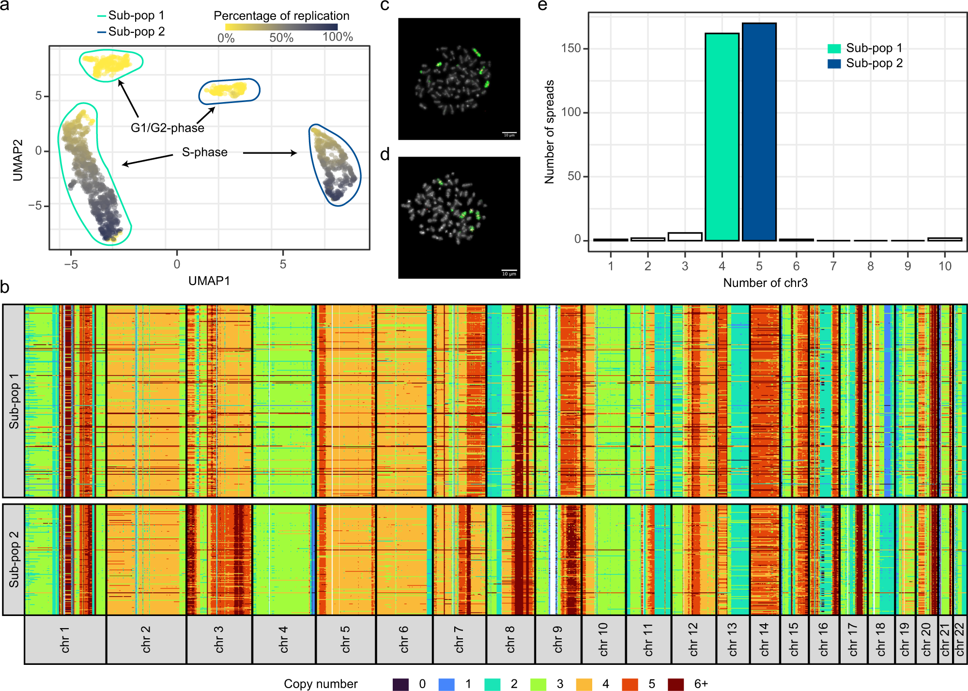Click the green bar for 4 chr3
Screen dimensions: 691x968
tap(722, 137)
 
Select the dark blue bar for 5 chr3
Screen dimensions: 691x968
tap(759, 132)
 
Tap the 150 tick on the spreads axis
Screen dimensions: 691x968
tap(571, 48)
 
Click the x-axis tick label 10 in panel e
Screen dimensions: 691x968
tap(945, 266)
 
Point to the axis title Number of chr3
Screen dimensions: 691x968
tap(765, 283)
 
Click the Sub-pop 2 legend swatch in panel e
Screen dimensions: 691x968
tap(834, 63)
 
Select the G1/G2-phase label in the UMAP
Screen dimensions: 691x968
tap(168, 128)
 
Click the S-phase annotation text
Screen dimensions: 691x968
tap(205, 152)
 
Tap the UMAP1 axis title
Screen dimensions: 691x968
tap(209, 281)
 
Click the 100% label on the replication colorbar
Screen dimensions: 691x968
tap(338, 37)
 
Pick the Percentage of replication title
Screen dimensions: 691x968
tap(281, 16)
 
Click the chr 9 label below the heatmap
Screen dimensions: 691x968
tap(558, 640)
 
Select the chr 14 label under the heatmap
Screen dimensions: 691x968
tap(765, 640)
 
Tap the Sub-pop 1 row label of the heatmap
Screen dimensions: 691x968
tap(14, 401)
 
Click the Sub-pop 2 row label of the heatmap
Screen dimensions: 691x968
tap(14, 559)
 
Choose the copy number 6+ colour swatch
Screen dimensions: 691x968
tap(676, 684)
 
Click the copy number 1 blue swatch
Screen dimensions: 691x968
tap(446, 684)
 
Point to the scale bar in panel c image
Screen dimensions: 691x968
tap(509, 133)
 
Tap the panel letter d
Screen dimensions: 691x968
tap(385, 155)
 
